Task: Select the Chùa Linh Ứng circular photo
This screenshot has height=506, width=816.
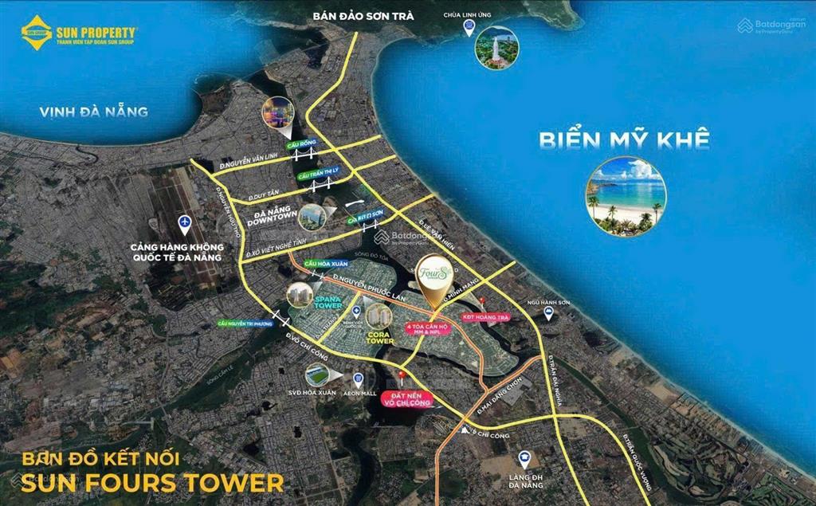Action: [496, 49]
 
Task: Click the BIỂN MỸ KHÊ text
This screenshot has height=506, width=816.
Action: [623, 140]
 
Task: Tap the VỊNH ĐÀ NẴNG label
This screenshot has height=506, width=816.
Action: [94, 112]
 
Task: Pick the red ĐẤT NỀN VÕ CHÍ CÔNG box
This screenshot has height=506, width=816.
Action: [406, 398]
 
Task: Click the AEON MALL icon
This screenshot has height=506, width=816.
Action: [359, 380]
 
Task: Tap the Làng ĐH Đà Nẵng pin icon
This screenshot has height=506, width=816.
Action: [524, 460]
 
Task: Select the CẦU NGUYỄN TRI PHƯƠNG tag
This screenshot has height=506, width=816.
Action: [244, 323]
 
